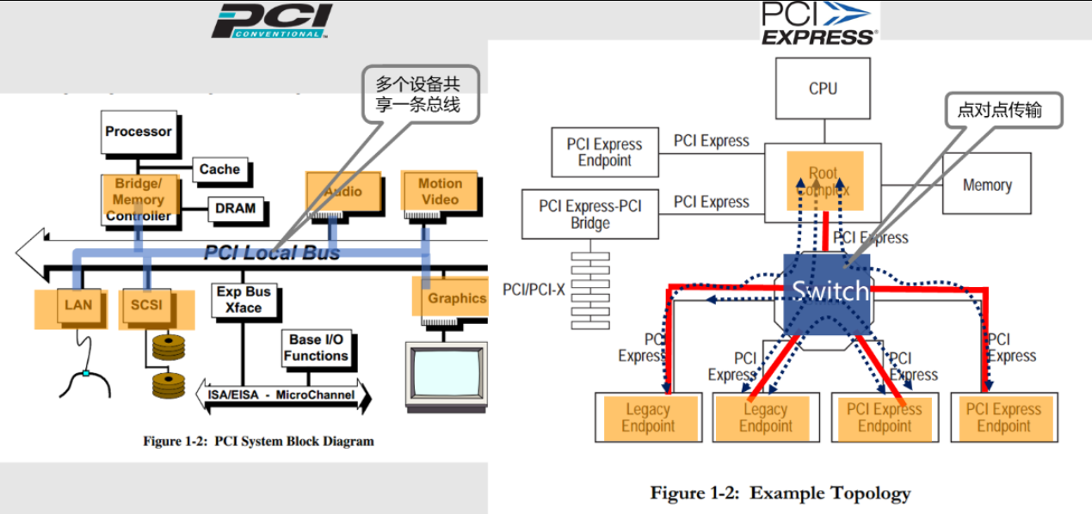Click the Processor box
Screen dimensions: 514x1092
click(139, 132)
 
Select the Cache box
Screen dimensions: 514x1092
click(219, 170)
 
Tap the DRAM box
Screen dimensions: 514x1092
click(235, 208)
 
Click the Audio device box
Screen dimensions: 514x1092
click(342, 191)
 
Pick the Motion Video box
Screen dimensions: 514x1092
click(440, 192)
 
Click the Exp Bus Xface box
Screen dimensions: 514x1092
click(244, 299)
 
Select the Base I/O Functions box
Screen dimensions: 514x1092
click(316, 347)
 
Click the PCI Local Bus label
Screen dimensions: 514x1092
click(272, 253)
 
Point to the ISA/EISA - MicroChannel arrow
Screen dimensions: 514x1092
click(283, 395)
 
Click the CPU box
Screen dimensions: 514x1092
click(823, 89)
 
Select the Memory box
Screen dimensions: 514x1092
click(986, 185)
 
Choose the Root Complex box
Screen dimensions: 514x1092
click(824, 181)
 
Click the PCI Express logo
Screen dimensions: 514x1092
click(818, 23)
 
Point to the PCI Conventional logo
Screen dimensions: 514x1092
click(270, 21)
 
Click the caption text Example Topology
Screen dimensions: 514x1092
click(780, 493)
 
